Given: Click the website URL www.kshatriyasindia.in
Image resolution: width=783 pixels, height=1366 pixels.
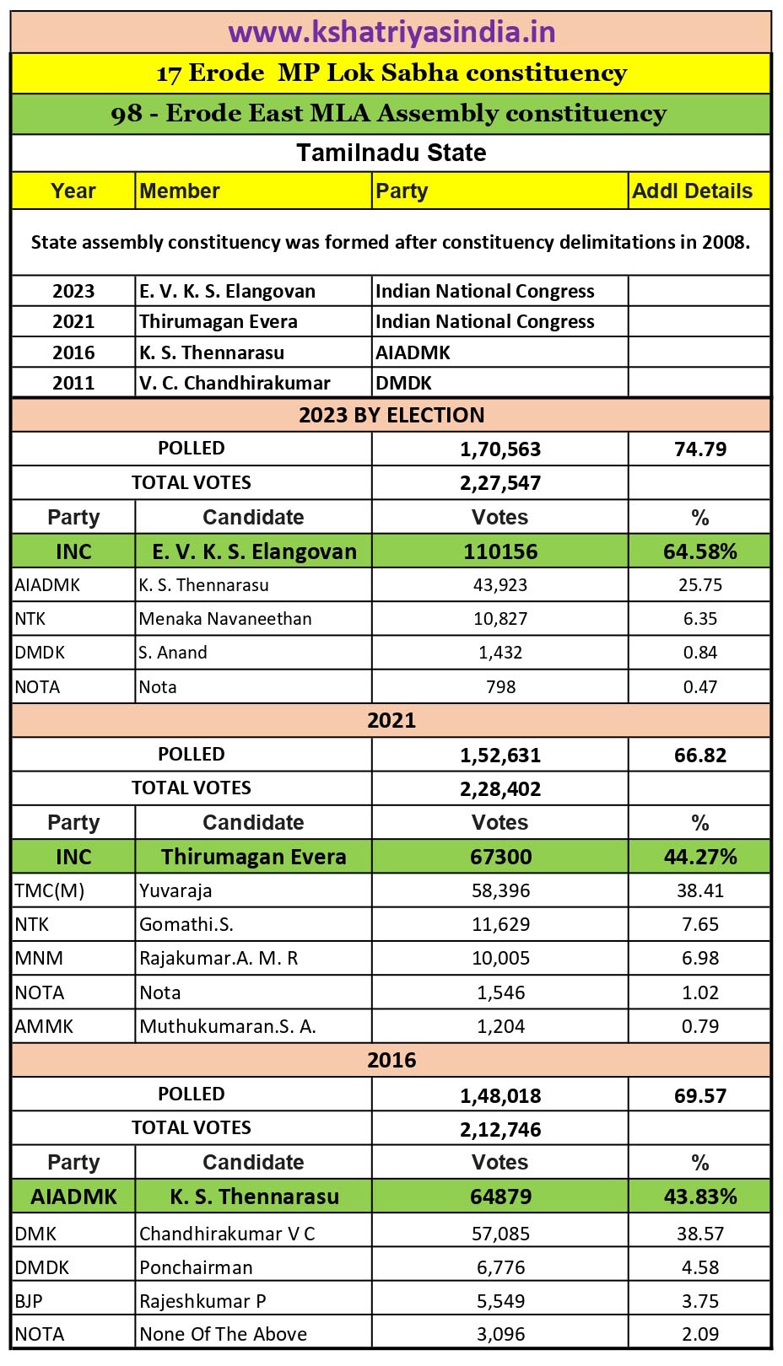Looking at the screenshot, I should click(391, 32).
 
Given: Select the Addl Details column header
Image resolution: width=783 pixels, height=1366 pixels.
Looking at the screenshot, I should click(692, 191).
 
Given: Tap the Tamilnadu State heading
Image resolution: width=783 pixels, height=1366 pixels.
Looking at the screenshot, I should click(391, 153).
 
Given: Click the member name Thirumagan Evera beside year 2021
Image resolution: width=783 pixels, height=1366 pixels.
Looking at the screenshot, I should click(219, 321).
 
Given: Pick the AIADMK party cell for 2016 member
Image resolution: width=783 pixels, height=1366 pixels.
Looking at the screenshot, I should click(413, 352).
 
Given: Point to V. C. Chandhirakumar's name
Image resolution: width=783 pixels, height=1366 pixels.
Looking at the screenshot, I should click(235, 383).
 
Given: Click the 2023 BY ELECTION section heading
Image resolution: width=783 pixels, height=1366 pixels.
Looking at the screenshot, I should click(391, 415).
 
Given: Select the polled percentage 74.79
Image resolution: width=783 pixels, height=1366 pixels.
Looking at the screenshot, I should click(700, 449).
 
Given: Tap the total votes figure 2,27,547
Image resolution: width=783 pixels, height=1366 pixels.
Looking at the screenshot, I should click(500, 483).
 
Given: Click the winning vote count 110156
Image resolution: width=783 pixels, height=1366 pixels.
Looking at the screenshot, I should click(500, 551).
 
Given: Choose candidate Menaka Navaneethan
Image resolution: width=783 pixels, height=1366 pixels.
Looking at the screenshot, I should click(225, 619).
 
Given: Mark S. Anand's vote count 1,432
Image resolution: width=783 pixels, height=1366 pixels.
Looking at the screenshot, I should click(500, 653).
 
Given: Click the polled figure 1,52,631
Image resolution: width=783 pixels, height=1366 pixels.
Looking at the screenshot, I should click(500, 756).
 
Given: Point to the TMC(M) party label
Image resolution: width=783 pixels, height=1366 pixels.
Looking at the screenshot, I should click(50, 890).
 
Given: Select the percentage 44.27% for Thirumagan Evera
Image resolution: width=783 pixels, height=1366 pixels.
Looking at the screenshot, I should click(700, 857).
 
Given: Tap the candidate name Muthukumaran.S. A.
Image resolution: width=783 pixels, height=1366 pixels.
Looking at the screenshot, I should click(228, 1026).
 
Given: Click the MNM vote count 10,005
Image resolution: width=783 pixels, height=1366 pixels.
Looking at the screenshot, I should click(500, 959).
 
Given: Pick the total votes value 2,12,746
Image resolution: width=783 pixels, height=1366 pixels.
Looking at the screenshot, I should click(500, 1130).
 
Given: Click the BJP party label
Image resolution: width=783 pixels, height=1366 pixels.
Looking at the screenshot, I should click(29, 1301).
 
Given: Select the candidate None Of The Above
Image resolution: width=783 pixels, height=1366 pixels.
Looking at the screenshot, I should click(224, 1334).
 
